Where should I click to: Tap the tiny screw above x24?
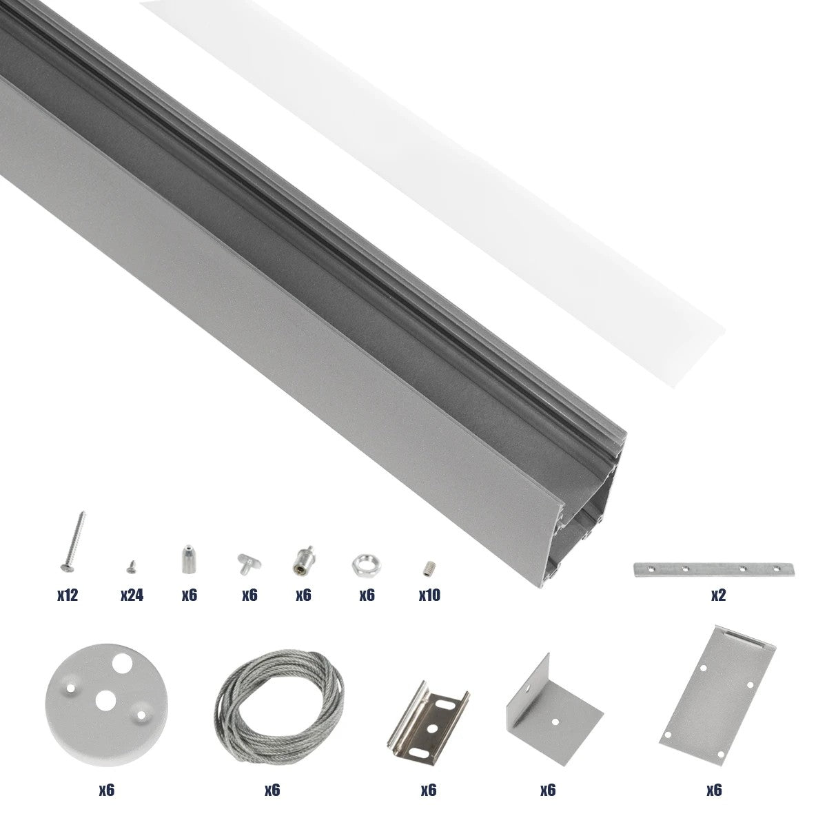pos(130,567)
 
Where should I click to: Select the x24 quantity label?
pos(131,595)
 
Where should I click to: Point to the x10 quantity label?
pos(429,595)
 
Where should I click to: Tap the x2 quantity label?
pos(718,595)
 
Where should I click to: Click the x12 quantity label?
pos(68,595)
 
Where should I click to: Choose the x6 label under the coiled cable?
pos(272,790)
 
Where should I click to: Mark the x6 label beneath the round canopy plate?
pos(106,790)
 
